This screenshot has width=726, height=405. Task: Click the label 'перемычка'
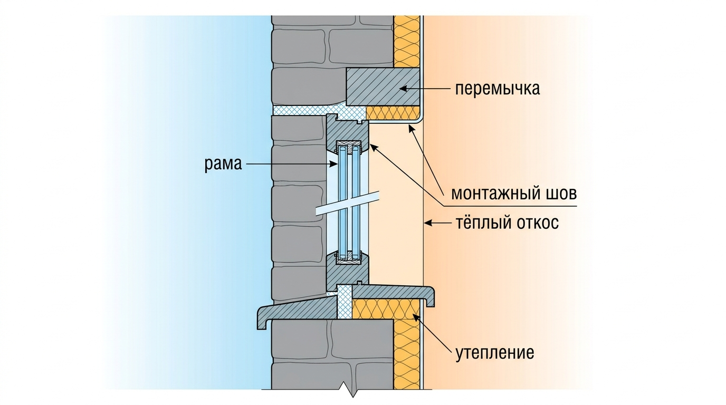498,89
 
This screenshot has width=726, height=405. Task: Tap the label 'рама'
223,164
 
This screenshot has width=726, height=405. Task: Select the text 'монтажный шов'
514,194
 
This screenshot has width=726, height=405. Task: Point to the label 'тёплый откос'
507,223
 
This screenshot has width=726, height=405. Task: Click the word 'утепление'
495,353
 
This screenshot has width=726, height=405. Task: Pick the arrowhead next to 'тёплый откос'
428,223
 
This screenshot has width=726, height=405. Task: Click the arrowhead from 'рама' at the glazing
334,165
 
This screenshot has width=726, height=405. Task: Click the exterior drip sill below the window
298,311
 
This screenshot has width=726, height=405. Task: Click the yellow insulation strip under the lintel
393,113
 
